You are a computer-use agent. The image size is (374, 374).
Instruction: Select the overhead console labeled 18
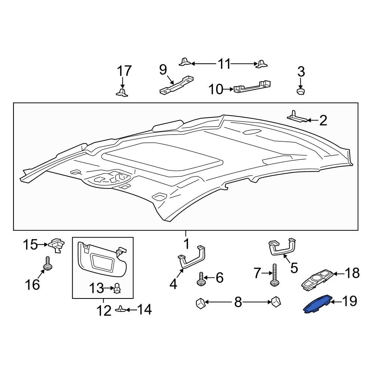[317, 280]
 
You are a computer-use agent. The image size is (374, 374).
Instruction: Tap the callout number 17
[124, 71]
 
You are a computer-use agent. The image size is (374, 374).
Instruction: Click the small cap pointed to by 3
[301, 91]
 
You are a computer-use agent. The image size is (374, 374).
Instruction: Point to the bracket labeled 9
[177, 85]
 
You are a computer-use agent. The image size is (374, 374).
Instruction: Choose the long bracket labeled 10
[252, 86]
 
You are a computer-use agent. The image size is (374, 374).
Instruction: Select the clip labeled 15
[56, 245]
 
